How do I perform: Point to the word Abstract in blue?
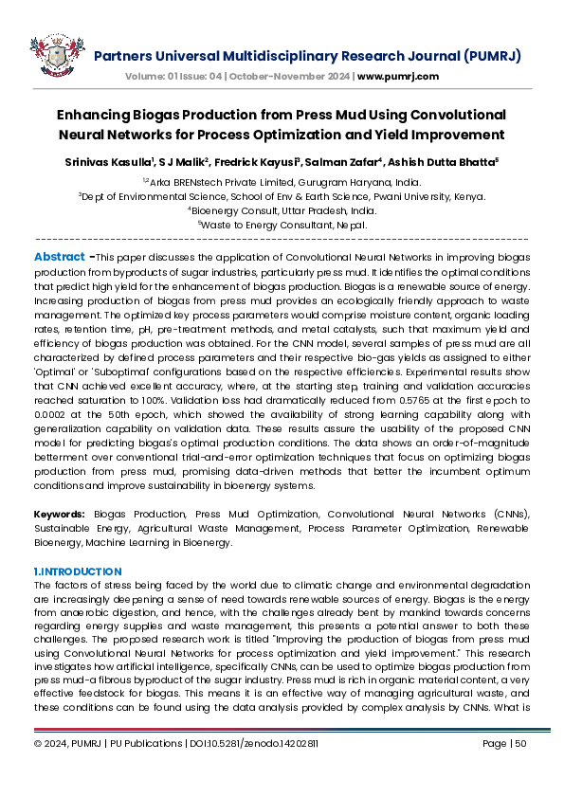coord(60,257)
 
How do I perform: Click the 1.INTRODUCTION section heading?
coord(78,571)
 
